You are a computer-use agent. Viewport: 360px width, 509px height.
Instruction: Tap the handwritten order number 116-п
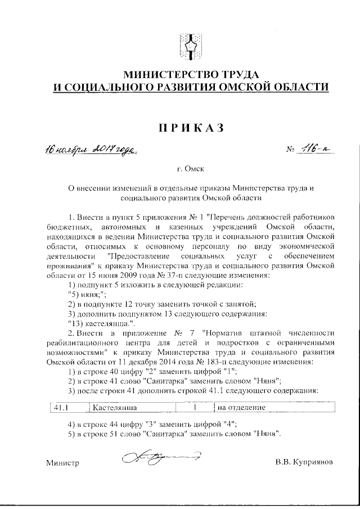pos(308,149)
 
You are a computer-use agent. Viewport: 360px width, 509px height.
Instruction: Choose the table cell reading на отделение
pos(241,407)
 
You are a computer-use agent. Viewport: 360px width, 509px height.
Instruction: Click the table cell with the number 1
pos(194,407)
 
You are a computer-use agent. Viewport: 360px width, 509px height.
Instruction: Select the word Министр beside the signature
pos(62,463)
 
